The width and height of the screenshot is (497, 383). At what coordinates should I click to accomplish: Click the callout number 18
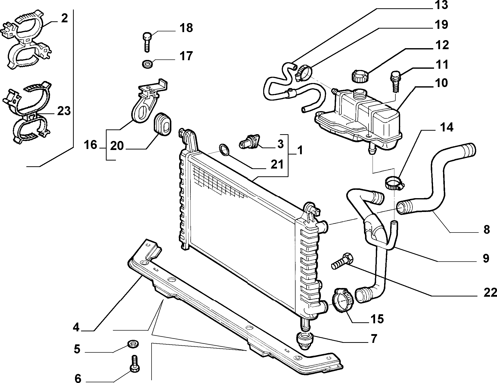click(x=186, y=28)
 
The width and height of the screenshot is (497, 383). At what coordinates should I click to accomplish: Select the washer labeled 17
click(x=147, y=64)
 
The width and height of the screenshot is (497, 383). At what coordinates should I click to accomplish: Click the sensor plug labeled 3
click(x=249, y=141)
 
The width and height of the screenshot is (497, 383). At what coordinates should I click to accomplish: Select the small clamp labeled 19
click(x=303, y=72)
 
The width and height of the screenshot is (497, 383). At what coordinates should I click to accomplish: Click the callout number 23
click(x=64, y=111)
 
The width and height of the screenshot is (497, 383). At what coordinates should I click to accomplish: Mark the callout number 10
click(x=442, y=83)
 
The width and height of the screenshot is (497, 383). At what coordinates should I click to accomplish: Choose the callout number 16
click(x=91, y=145)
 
